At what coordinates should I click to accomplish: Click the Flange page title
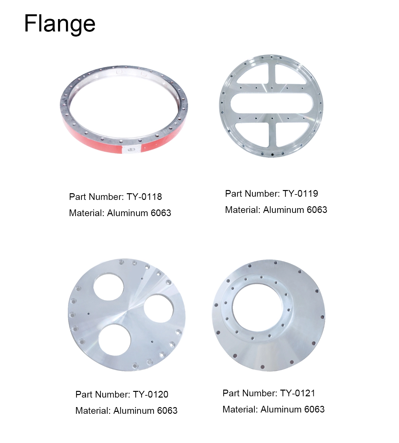pos(60,24)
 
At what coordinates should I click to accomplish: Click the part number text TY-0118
pos(144,197)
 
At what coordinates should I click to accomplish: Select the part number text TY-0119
pos(300,194)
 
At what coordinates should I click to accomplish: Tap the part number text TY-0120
pos(151,394)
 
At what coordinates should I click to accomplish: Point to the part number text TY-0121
pos(298,393)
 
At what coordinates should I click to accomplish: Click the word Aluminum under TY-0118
pos(128,213)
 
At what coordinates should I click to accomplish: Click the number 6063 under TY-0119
pos(317,210)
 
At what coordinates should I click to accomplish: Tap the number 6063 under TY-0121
pos(314,409)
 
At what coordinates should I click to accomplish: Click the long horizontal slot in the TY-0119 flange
pos(271,103)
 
